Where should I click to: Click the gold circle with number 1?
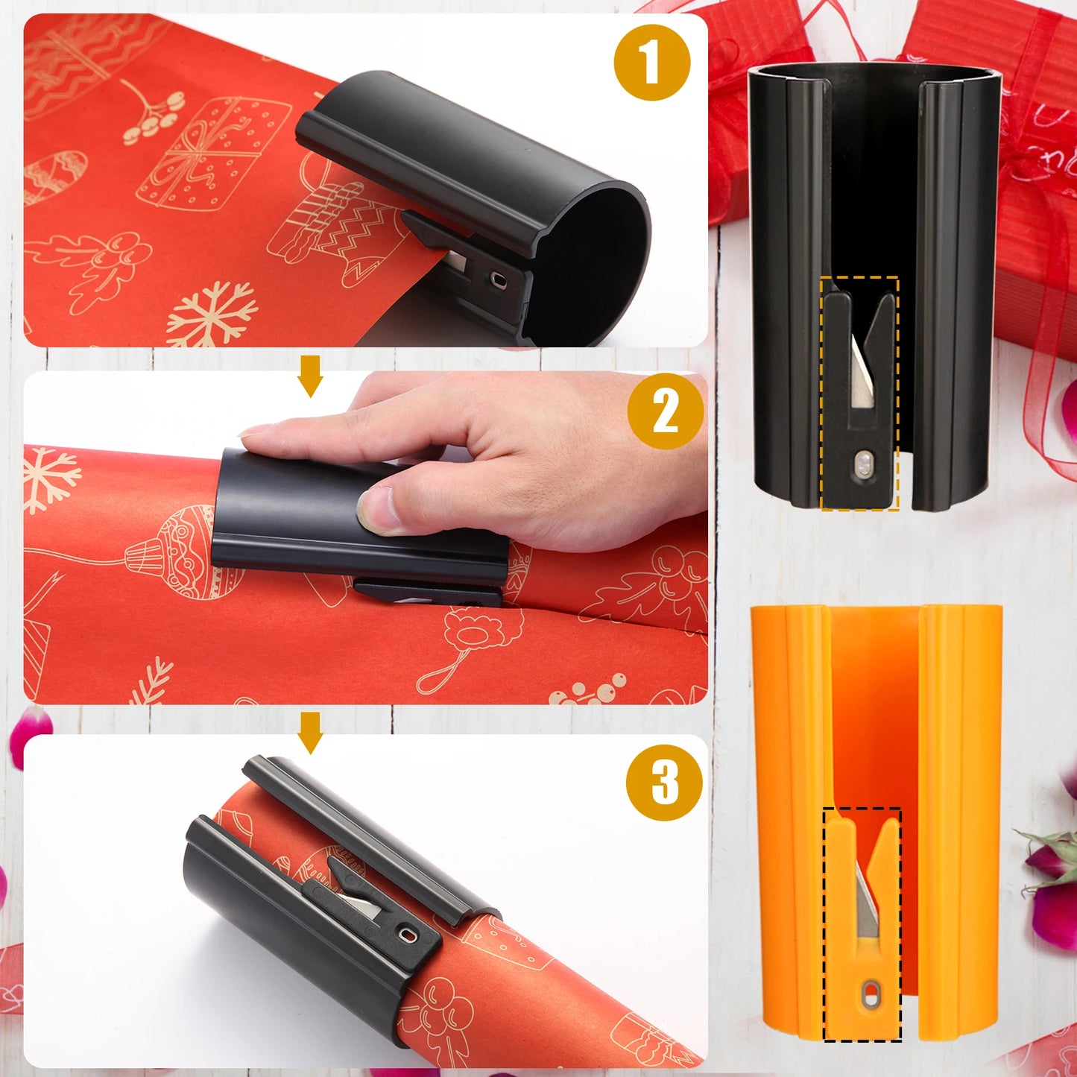pos(651,63)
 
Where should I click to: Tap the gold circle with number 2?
pos(665,411)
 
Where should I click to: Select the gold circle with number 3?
pos(663,783)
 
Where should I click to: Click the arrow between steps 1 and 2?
pos(310,376)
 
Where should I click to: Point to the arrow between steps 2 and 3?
pos(310,732)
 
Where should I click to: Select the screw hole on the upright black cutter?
pos(863,467)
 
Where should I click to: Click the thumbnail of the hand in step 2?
pos(376,511)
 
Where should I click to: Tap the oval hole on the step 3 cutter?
pos(408,934)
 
